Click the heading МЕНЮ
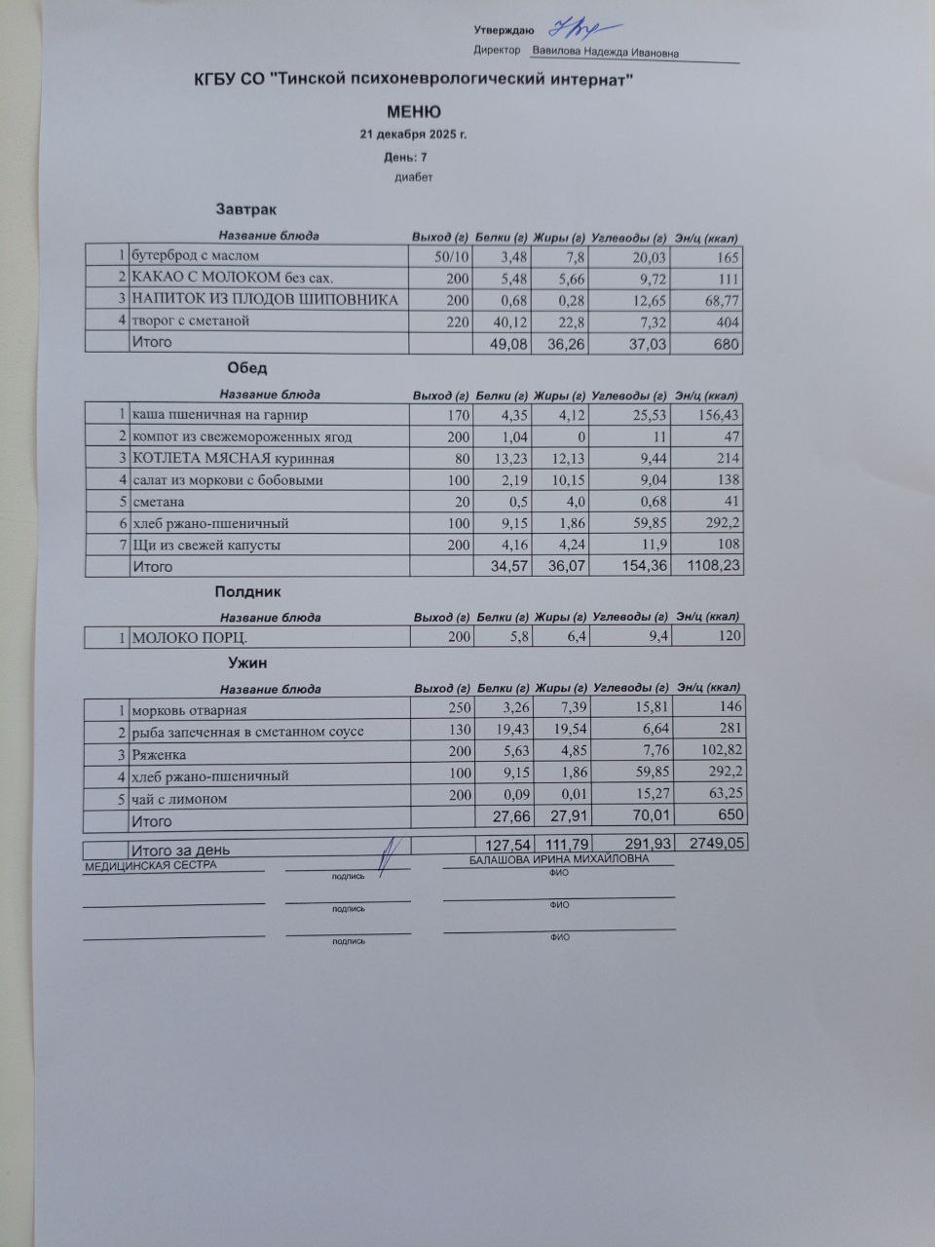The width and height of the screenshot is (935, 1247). [x=414, y=112]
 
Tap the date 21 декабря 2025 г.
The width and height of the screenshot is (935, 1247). [x=413, y=134]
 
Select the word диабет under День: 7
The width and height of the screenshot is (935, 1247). [x=413, y=177]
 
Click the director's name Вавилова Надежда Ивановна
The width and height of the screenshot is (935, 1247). [x=605, y=54]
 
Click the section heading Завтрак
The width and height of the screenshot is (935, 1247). [x=246, y=209]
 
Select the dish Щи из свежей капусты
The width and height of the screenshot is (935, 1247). [x=206, y=545]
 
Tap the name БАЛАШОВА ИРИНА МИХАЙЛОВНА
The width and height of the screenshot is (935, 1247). [x=557, y=859]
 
